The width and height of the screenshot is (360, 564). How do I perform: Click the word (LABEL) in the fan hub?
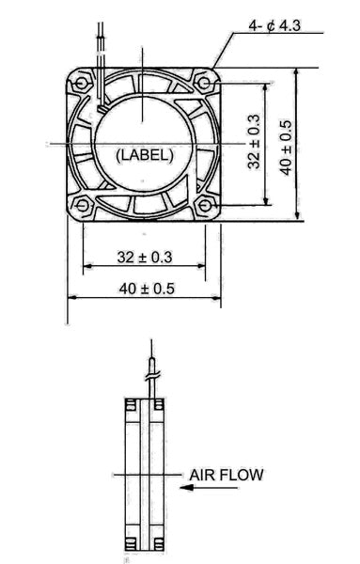point(142,155)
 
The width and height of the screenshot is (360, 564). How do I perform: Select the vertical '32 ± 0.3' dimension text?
point(254,142)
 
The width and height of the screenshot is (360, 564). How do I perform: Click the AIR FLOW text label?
point(227,475)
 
